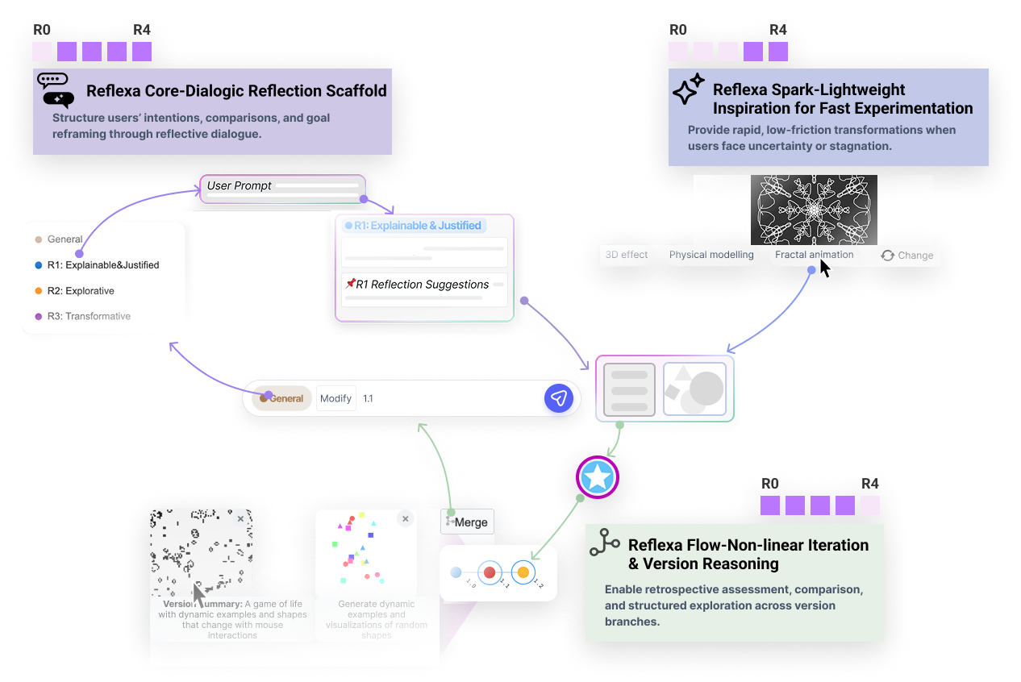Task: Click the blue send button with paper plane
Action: pyautogui.click(x=559, y=398)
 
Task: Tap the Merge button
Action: pyautogui.click(x=468, y=522)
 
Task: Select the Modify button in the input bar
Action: pyautogui.click(x=335, y=398)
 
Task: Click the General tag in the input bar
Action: pyautogui.click(x=281, y=398)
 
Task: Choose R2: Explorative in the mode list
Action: pyautogui.click(x=79, y=290)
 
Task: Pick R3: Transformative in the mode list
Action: pyautogui.click(x=87, y=316)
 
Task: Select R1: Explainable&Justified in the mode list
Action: pyautogui.click(x=102, y=264)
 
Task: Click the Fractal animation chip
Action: pyautogui.click(x=814, y=255)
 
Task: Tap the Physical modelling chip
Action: pyautogui.click(x=711, y=255)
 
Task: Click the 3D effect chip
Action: pyautogui.click(x=627, y=255)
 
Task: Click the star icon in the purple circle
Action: pyautogui.click(x=598, y=477)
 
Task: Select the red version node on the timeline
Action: pyautogui.click(x=489, y=572)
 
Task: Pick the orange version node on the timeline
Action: pyautogui.click(x=523, y=572)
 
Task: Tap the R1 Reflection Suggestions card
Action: pyautogui.click(x=424, y=289)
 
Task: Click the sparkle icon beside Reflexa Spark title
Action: pyautogui.click(x=688, y=90)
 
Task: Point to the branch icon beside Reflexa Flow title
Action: pyautogui.click(x=604, y=543)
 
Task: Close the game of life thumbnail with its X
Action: pyautogui.click(x=240, y=519)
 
